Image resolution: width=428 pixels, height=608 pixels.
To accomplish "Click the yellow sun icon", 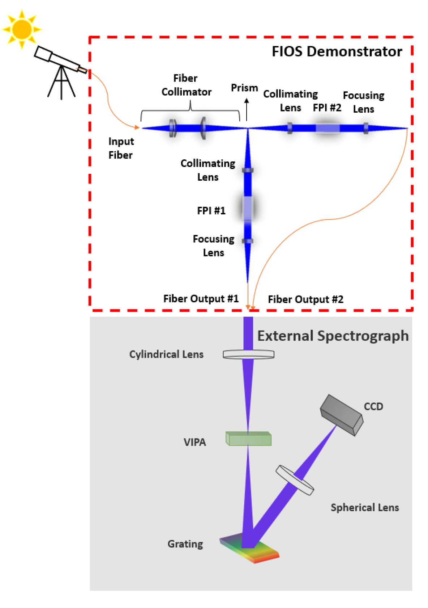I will [22, 29].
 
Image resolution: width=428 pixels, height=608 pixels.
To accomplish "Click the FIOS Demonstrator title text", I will [337, 51].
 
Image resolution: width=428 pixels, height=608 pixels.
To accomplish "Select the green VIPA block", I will [249, 439].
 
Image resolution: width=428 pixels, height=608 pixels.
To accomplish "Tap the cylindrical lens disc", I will [249, 354].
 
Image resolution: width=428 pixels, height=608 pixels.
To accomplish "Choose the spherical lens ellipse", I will [295, 480].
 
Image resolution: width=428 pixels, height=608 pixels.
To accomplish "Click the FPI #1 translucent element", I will [248, 208].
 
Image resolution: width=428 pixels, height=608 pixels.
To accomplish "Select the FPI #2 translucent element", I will [328, 128].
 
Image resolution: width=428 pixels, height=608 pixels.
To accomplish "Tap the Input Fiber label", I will [121, 148].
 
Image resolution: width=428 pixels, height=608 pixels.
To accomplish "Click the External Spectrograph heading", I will [333, 336].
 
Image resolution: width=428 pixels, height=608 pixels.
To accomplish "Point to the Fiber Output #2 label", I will [305, 299].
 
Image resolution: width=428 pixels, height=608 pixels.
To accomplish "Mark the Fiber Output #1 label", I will [201, 298].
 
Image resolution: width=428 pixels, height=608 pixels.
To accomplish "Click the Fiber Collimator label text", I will [186, 85].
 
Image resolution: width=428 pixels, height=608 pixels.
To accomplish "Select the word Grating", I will [185, 544].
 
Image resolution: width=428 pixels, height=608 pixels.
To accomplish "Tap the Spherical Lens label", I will [364, 507].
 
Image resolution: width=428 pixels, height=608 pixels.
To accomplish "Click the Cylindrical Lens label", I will [166, 354].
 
